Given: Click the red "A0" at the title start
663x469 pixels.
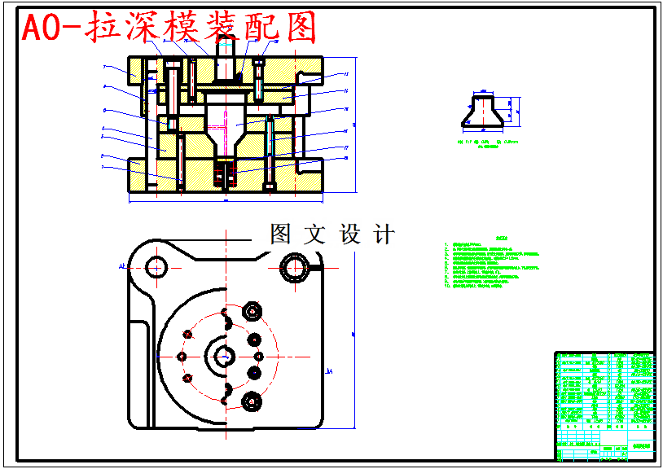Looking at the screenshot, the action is [x=41, y=28].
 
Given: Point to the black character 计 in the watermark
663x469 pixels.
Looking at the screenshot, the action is [x=383, y=235].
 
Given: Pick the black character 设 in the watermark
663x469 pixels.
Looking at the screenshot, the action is [x=348, y=235].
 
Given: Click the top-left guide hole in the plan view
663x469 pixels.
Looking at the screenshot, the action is [x=156, y=265].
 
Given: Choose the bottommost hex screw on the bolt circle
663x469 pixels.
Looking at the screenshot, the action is [x=252, y=401].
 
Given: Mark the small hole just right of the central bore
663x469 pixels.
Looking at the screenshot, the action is [x=259, y=356].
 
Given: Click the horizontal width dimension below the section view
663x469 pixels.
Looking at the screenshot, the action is [x=226, y=198].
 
